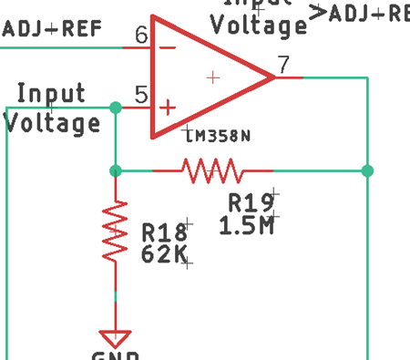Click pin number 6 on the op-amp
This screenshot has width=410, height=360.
[x=141, y=36]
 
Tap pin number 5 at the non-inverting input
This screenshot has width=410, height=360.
[x=141, y=93]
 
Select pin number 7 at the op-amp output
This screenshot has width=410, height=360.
[x=284, y=64]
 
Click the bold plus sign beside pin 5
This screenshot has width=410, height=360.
[x=168, y=107]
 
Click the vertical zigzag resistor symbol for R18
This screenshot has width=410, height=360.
[x=115, y=232]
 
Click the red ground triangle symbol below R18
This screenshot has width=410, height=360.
[x=115, y=338]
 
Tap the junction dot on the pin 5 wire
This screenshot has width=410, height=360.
[x=115, y=108]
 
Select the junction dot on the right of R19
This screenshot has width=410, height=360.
[x=367, y=170]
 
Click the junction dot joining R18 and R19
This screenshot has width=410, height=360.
[x=115, y=170]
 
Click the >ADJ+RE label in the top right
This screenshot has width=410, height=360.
[x=359, y=13]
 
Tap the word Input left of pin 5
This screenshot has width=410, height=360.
[x=51, y=93]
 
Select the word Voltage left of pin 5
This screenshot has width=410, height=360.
[x=53, y=122]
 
